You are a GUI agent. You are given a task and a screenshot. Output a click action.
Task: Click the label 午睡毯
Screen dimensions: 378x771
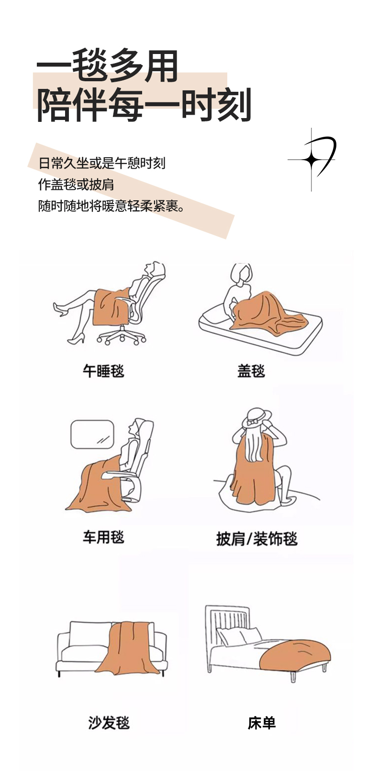103,371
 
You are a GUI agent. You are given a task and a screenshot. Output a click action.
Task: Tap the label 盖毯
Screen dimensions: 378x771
251,371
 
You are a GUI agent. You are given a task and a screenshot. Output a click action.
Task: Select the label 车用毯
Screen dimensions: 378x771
103,537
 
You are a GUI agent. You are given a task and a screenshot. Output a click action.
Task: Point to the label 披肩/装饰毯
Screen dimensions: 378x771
257,539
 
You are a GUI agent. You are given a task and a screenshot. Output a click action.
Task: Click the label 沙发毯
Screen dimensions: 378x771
109,722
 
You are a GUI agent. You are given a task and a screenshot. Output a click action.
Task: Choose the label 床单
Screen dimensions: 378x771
262,722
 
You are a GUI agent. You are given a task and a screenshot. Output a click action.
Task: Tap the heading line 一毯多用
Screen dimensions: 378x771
107,66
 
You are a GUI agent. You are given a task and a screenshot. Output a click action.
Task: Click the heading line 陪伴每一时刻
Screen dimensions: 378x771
144,105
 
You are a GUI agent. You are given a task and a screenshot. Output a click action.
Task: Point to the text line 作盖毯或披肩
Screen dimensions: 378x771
76,185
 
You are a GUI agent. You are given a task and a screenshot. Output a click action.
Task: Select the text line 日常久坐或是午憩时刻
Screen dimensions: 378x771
101,163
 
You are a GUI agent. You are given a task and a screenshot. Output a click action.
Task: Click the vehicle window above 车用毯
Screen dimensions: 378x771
92,434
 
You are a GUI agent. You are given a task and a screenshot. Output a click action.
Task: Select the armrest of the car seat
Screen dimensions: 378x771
118,475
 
